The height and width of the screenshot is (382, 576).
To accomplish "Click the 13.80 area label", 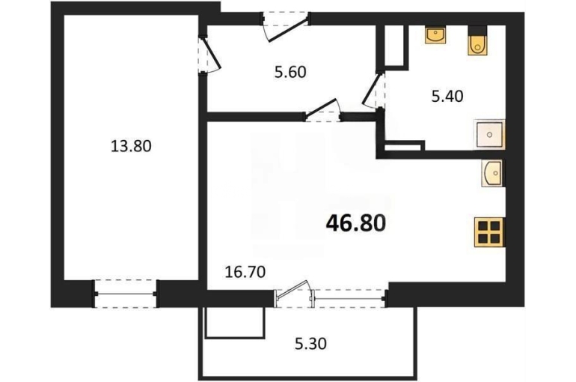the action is tap(131, 146).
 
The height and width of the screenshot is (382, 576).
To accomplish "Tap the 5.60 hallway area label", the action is tap(290, 72).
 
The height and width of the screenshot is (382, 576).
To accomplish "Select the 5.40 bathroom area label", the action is tap(447, 97).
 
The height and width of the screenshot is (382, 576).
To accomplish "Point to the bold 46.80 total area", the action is tap(356, 223).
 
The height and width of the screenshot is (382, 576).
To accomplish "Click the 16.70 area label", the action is tap(245, 273).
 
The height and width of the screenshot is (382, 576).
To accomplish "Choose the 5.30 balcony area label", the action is tap(310, 344).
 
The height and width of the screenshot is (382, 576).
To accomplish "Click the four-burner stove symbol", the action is tap(490, 232).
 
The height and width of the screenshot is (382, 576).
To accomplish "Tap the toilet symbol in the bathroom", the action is tap(477, 41).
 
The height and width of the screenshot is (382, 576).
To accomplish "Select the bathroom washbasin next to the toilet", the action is tap(435, 35).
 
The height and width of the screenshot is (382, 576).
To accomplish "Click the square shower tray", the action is tap(490, 135).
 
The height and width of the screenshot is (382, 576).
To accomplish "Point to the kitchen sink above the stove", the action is tap(492, 173).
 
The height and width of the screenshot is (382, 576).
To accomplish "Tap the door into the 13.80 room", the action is tap(209, 55).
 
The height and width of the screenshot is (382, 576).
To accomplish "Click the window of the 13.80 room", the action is tap(126, 294).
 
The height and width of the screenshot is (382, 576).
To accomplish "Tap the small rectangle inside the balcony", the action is tap(235, 322).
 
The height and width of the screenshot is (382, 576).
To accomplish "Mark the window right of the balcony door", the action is tap(349, 298).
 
